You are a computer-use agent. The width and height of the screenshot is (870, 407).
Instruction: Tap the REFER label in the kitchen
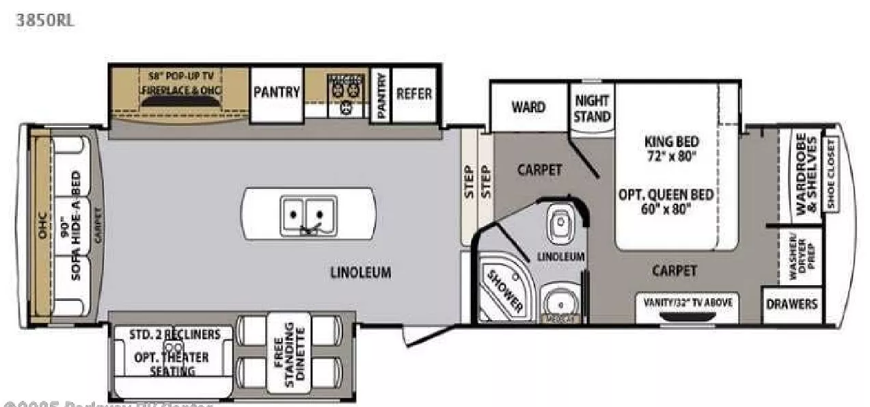pyautogui.click(x=414, y=93)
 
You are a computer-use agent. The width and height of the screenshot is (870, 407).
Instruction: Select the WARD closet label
pyautogui.click(x=528, y=107)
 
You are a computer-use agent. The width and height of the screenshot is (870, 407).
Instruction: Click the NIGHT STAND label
pyautogui.click(x=592, y=108)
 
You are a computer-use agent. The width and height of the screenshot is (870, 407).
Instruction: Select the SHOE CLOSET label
pyautogui.click(x=831, y=174)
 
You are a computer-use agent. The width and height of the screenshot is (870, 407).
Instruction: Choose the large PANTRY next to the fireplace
pyautogui.click(x=277, y=92)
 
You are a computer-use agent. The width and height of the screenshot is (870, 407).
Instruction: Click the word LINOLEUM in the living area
pyautogui.click(x=361, y=273)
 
